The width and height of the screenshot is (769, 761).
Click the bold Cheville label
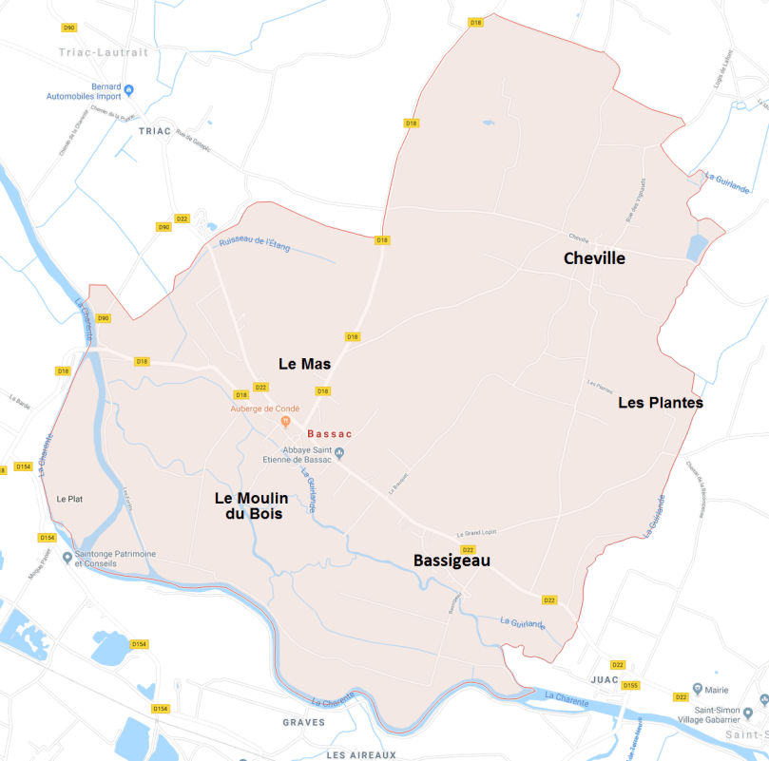[x=594, y=258]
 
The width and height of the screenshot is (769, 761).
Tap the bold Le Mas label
[x=304, y=364]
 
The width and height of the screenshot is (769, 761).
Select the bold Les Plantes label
[x=661, y=403]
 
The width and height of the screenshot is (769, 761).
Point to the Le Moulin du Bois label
[x=248, y=505]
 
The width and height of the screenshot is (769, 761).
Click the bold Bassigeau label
[x=452, y=561]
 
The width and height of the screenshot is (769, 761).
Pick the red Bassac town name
[x=330, y=433]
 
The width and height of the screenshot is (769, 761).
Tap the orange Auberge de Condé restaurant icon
[x=284, y=422]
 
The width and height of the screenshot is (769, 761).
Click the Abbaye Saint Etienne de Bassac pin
[x=341, y=453]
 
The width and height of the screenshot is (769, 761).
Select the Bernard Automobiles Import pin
[x=129, y=89]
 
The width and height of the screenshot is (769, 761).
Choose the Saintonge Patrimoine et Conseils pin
[x=67, y=557]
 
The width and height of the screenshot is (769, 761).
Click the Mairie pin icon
[x=698, y=689]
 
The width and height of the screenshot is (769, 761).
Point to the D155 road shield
[x=630, y=685]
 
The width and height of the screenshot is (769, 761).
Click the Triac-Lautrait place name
[x=104, y=52]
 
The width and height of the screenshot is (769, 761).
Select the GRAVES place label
[x=303, y=722]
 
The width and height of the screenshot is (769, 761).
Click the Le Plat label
[x=70, y=499]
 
